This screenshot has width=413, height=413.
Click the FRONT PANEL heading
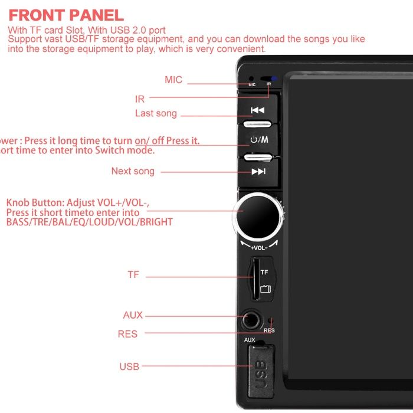pos(66,15)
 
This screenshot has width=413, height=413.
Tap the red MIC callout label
pos(173,80)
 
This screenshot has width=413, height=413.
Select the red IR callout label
pos(140,99)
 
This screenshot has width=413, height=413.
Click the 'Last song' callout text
pos(156,113)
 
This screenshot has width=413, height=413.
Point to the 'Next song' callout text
pos(133,171)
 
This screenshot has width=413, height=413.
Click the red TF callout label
pos(133,275)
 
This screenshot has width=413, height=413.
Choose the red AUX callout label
pos(133,315)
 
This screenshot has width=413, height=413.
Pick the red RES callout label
pos(127,334)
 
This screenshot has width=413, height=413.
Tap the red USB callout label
pos(129,366)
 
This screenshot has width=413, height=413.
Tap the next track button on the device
pos(258,171)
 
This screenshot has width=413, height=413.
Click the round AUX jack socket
pos(252,321)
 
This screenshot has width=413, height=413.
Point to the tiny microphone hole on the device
pos(251,78)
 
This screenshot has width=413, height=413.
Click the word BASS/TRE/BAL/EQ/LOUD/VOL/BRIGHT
pos(89,222)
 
